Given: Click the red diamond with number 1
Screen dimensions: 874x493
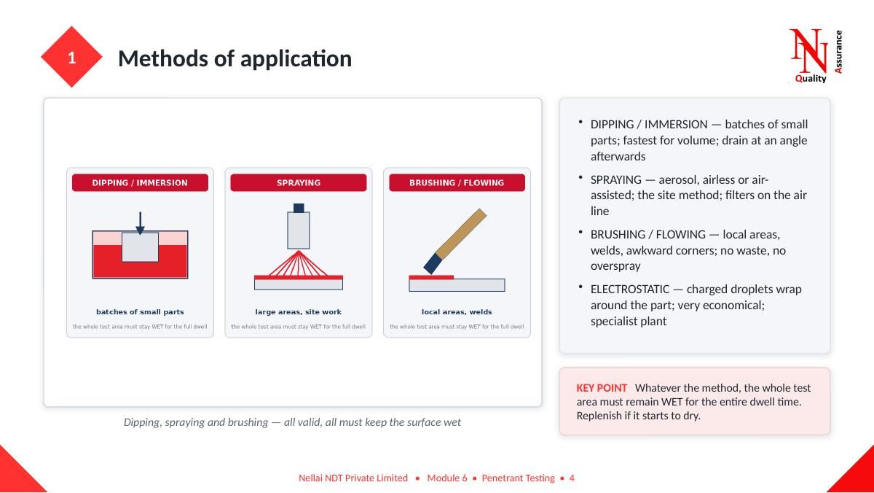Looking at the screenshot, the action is click(71, 57).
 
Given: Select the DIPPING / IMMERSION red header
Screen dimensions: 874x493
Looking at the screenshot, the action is click(140, 182).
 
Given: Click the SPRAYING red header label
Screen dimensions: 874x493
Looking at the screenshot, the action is click(299, 182).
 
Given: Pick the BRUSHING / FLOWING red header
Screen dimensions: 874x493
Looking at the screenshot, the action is click(457, 182).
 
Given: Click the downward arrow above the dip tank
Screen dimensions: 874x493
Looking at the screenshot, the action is click(140, 223).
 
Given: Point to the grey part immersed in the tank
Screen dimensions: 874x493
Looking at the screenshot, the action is click(140, 247).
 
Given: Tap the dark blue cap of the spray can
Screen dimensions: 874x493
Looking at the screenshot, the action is click(299, 208).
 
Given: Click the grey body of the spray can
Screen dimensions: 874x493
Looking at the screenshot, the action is click(299, 230).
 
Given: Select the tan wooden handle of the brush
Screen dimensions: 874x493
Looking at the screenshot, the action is click(461, 233).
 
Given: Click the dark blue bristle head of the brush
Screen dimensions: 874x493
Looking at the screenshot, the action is click(433, 263).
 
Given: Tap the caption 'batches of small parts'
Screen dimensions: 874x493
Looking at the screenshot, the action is click(140, 311).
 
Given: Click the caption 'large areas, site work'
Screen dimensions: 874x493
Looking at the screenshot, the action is click(299, 311).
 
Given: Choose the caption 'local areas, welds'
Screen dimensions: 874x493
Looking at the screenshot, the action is click(457, 311).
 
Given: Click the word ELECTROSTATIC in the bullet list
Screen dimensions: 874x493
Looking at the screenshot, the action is click(630, 289).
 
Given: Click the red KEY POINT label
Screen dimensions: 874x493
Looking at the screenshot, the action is click(602, 388).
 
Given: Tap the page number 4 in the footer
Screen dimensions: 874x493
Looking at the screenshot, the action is click(572, 478).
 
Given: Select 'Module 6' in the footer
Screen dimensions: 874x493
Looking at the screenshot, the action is click(447, 478).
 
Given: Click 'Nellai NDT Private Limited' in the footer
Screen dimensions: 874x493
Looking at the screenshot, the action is click(353, 478).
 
